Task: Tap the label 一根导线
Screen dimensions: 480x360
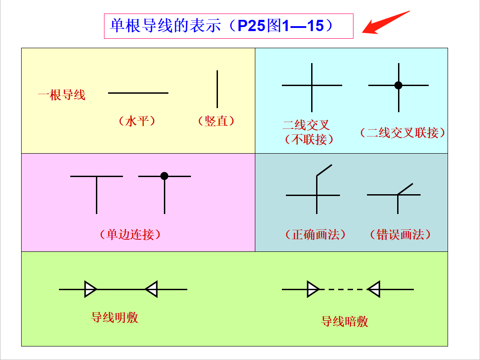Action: (x=62, y=95)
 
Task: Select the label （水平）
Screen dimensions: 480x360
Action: (x=137, y=121)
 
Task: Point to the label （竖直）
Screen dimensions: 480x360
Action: (x=216, y=121)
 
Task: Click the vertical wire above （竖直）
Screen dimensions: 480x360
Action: (x=217, y=89)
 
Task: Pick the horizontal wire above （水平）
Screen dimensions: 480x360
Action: (x=138, y=93)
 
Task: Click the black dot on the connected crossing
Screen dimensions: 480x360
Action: (x=398, y=85)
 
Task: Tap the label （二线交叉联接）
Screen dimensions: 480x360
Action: (x=403, y=132)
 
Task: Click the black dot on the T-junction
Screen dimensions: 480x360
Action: (x=164, y=176)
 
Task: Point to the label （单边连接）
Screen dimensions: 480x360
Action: (x=130, y=234)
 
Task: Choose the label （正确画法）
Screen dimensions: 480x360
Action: (x=315, y=234)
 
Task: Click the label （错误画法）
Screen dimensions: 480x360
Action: (x=400, y=234)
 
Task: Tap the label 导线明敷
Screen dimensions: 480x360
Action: (x=114, y=317)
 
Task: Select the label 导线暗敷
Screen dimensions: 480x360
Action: (x=344, y=321)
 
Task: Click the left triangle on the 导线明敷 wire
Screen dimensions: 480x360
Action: (x=90, y=289)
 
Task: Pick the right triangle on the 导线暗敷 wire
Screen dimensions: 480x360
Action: (x=374, y=289)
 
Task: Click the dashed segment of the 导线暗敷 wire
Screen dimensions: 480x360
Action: (x=344, y=289)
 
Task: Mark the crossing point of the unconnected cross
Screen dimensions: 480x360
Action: (x=312, y=85)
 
